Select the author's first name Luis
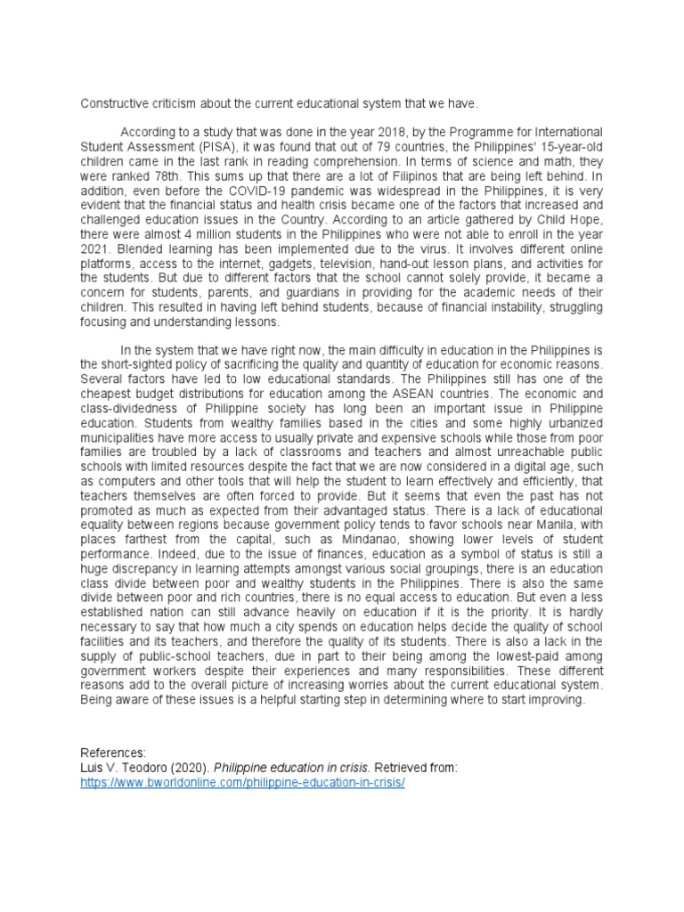coord(92,767)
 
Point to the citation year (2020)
coord(186,767)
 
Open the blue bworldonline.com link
coord(242,782)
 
